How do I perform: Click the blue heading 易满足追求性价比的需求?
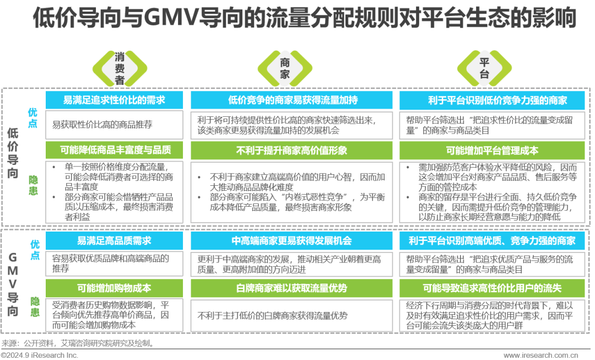pos(114,100)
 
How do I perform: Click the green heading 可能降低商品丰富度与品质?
pos(114,150)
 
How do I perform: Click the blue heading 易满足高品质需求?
pos(114,241)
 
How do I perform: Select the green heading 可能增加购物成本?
pos(114,288)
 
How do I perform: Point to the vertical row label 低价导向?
pos(14,157)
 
